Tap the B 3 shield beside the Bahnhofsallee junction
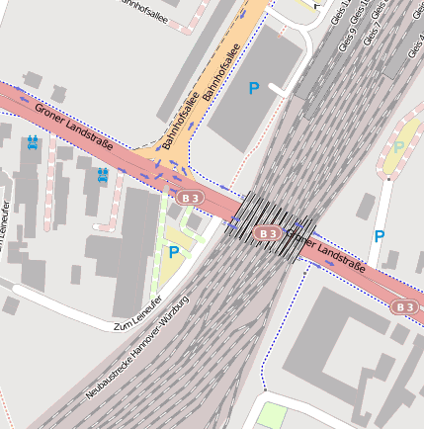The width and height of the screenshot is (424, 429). pos(192,199)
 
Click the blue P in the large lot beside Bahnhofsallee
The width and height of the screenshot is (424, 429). pos(254,89)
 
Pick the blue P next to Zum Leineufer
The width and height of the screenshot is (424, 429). pos(174,252)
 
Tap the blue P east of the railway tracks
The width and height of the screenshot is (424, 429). pos(379,236)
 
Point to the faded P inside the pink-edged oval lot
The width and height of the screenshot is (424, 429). pos(399,147)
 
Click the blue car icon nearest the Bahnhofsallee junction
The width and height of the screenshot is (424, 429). pos(102,174)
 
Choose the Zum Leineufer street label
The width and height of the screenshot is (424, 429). pos(138,315)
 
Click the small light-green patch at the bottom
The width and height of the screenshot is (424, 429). pos(271,415)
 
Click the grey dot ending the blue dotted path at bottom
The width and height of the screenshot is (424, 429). pos(264,391)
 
